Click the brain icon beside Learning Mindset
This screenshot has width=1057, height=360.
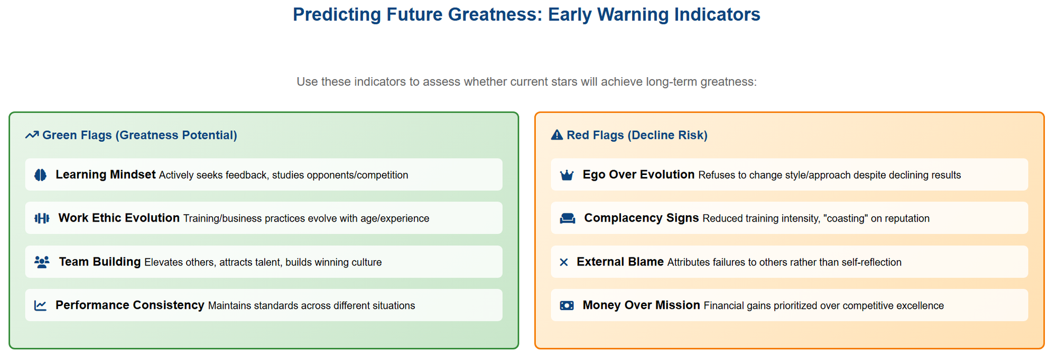coord(40,175)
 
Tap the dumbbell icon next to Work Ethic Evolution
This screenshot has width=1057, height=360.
coord(42,218)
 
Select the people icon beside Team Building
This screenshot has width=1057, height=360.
coord(42,262)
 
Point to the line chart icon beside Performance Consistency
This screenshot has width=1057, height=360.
coord(40,306)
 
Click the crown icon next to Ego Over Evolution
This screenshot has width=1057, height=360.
coord(567,175)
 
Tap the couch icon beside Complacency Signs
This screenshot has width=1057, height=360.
coord(568,218)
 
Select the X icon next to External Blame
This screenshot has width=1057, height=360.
coord(564,262)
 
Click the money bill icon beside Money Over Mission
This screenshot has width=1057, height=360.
coord(567,306)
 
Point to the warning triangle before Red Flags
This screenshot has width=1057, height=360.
coord(557,135)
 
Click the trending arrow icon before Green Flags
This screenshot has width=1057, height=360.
coord(32,135)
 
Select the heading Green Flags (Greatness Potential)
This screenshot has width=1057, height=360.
coord(140,135)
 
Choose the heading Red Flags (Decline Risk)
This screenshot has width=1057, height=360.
coord(637,135)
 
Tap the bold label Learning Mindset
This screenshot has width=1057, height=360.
coord(106,174)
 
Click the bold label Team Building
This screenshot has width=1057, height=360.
coord(100,262)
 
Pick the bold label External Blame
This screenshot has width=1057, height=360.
coord(620,262)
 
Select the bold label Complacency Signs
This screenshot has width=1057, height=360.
coord(642,218)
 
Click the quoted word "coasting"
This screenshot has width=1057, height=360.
coord(846,218)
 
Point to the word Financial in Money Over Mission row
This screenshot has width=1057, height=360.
coord(724,306)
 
